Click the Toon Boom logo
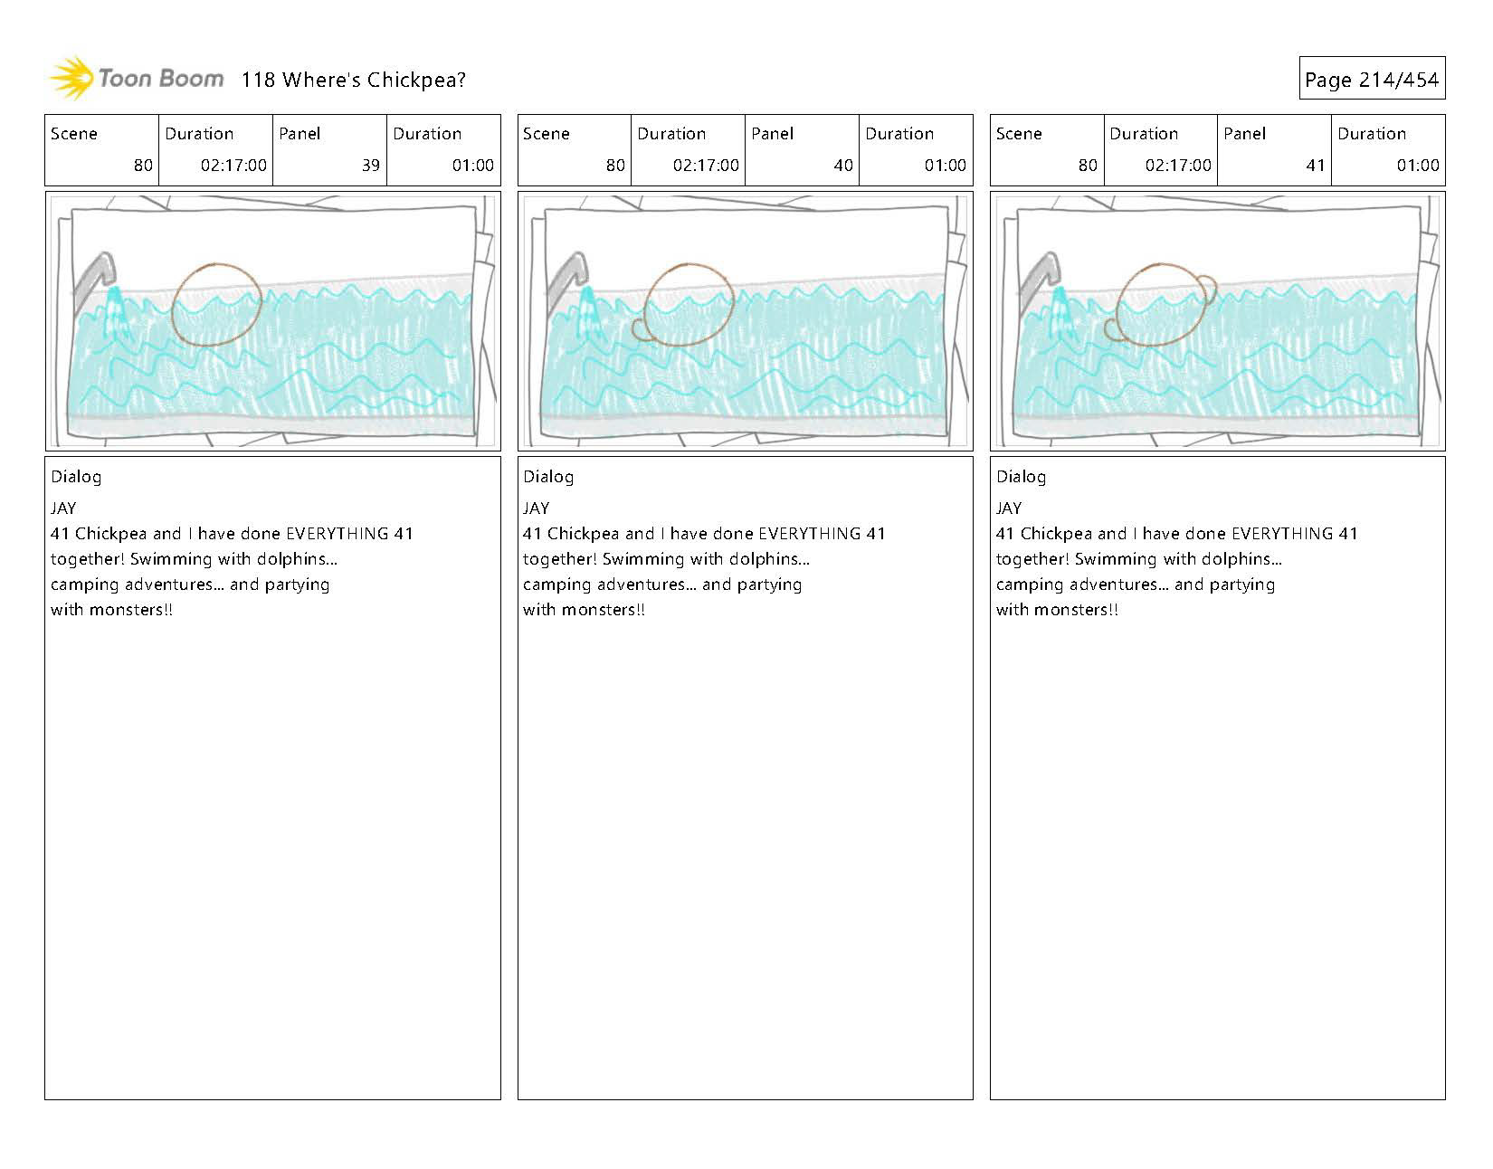(x=136, y=79)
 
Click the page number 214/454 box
(x=1371, y=80)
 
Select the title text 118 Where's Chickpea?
(x=353, y=80)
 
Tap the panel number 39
(x=370, y=166)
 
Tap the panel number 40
(x=842, y=166)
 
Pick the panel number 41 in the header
(x=1315, y=166)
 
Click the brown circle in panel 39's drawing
(x=216, y=304)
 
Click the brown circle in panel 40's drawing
(x=690, y=304)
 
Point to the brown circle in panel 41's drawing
(x=1162, y=305)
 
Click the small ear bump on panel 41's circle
(x=1209, y=289)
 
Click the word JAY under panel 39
(x=63, y=508)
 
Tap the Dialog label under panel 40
(x=548, y=477)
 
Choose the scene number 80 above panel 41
(x=1088, y=166)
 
